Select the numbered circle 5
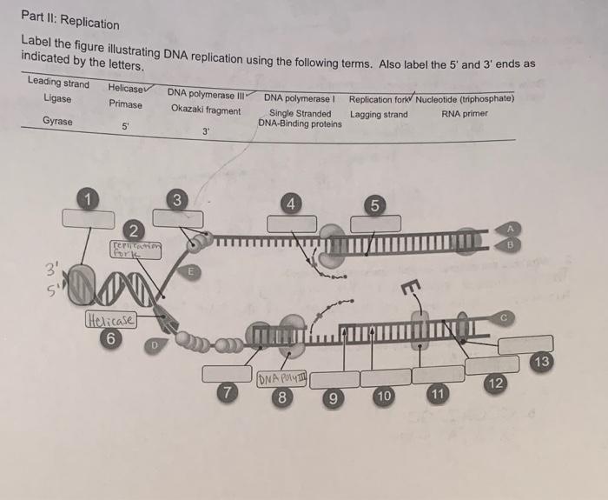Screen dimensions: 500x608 [374, 206]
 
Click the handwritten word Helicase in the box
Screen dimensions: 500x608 [109, 322]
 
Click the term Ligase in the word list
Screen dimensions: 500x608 [57, 98]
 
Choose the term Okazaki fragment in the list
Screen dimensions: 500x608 [206, 110]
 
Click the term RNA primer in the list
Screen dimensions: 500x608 [465, 114]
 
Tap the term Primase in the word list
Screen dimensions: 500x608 [125, 103]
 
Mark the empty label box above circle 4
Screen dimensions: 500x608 [292, 223]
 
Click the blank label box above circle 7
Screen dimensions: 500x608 [228, 373]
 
